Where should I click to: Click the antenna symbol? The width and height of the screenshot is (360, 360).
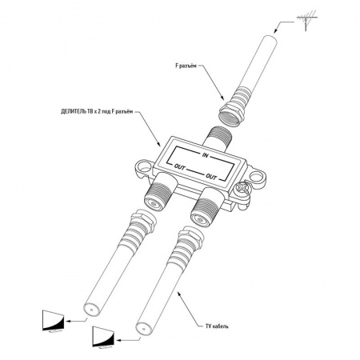tap(306, 20)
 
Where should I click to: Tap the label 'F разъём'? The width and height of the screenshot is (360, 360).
tap(186, 66)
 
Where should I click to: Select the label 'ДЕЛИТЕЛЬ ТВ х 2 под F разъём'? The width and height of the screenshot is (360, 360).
tap(97, 112)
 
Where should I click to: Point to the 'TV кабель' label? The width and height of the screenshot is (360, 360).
tap(217, 326)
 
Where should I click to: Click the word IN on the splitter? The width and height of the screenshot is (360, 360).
tap(205, 154)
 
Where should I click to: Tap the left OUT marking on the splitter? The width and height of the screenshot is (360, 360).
tap(179, 167)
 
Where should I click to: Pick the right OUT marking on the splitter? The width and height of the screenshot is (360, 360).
tap(211, 177)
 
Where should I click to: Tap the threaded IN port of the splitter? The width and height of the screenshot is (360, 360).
tap(218, 138)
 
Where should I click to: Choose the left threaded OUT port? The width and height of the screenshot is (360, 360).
tap(160, 191)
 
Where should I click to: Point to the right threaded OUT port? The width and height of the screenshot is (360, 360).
tap(206, 206)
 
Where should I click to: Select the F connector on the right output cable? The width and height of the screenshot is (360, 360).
tap(187, 242)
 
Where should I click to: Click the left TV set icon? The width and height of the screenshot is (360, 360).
tap(54, 321)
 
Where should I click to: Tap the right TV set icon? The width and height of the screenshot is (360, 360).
tap(103, 337)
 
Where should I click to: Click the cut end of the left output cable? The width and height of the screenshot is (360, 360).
tap(91, 310)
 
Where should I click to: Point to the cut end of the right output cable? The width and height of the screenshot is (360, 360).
tap(143, 328)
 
